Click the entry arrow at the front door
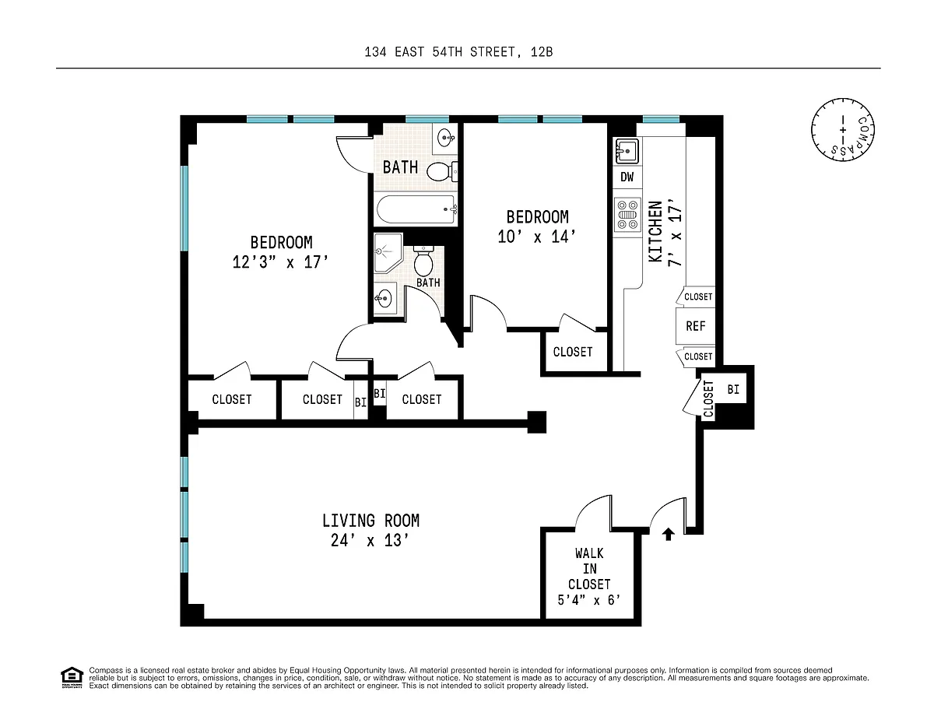[668, 534]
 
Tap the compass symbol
[842, 130]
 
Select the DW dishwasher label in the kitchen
[627, 177]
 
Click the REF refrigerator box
[696, 326]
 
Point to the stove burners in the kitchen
[627, 215]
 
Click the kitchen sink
[627, 151]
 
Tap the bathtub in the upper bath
[416, 209]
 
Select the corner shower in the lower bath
[388, 253]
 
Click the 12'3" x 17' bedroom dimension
[280, 262]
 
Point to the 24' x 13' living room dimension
[370, 540]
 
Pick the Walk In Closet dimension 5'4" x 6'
[589, 599]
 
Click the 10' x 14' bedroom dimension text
[537, 237]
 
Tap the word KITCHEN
[655, 232]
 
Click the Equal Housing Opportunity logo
[72, 677]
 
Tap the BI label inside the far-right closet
[733, 389]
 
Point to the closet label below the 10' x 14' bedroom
[573, 352]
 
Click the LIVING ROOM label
[370, 521]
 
